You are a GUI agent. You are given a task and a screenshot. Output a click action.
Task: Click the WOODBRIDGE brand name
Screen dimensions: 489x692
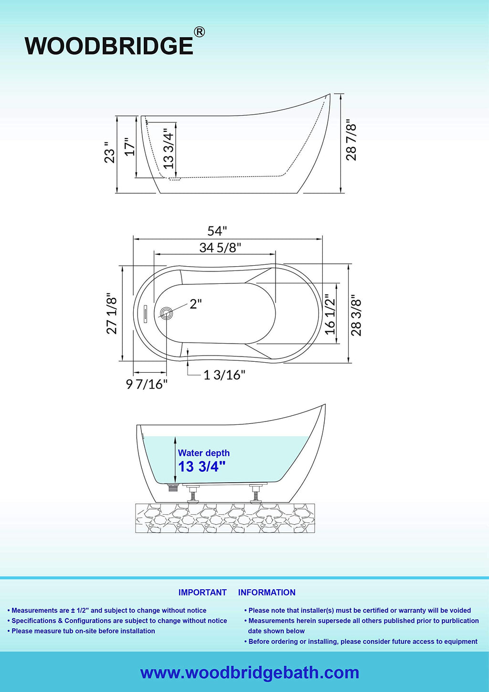tap(109, 46)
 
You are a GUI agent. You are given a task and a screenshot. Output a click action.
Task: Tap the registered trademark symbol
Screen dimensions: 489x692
tap(199, 32)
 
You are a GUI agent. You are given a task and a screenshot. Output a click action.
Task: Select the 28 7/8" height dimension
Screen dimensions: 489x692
tap(351, 140)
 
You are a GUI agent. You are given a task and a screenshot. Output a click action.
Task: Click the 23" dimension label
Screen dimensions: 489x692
tap(109, 152)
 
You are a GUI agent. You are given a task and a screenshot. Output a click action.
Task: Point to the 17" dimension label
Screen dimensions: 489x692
tap(130, 146)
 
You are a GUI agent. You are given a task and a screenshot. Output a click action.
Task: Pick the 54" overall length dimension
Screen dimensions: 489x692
tap(217, 231)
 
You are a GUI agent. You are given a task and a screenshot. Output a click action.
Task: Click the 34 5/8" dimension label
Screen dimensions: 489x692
tap(220, 248)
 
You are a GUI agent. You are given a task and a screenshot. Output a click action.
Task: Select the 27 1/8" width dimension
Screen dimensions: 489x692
tap(112, 314)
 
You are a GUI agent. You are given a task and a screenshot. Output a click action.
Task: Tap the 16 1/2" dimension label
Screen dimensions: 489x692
tap(330, 314)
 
